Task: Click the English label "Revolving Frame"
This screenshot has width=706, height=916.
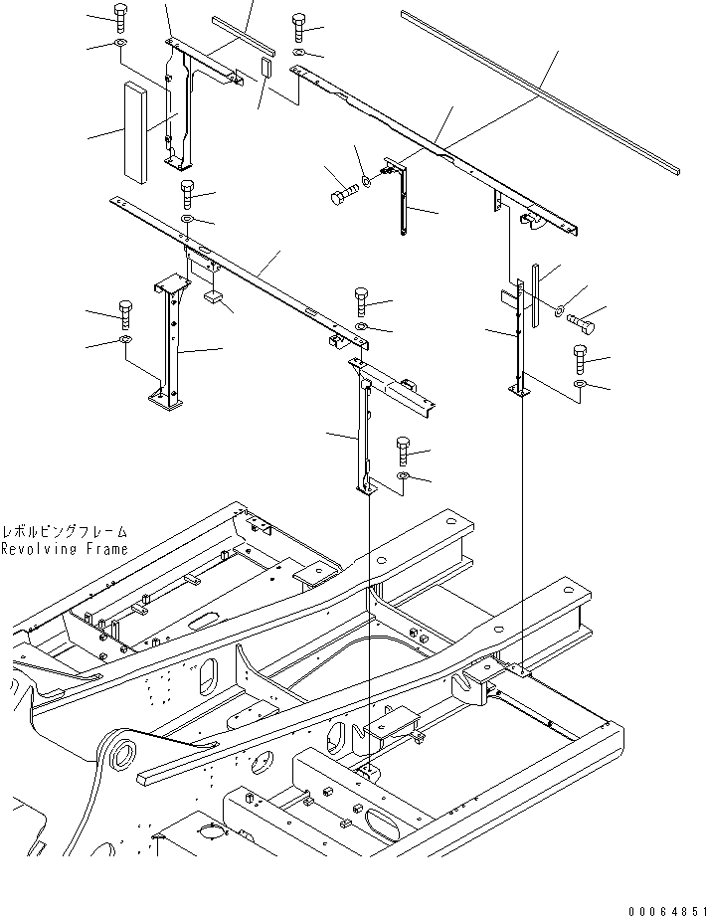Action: click(65, 548)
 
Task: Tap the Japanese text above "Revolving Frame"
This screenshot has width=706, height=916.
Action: click(65, 532)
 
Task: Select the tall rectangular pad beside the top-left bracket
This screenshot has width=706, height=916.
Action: click(134, 132)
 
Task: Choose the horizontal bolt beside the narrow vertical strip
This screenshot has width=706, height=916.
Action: click(583, 322)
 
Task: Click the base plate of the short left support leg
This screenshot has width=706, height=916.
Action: click(165, 400)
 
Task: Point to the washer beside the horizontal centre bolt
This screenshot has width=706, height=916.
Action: click(368, 181)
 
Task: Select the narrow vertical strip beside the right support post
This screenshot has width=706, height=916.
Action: click(534, 295)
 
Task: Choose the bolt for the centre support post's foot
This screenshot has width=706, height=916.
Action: click(403, 451)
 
